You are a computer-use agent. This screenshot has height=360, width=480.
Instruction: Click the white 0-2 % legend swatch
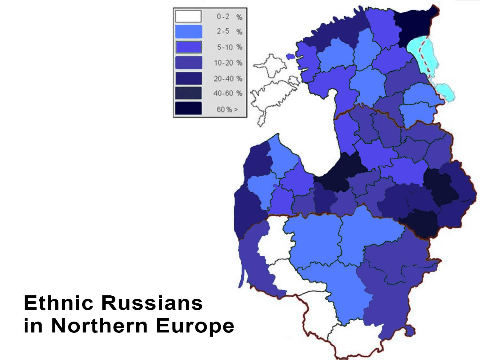(188, 16)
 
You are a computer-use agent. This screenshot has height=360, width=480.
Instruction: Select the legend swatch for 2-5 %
(188, 32)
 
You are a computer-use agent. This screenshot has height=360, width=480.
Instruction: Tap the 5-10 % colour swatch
(188, 47)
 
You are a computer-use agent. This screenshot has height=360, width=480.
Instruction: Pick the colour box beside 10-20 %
(188, 63)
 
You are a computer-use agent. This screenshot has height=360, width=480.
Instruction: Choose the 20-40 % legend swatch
(188, 78)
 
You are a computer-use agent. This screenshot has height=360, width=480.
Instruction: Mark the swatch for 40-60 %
(188, 93)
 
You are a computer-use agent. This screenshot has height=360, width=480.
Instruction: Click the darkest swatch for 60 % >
(188, 108)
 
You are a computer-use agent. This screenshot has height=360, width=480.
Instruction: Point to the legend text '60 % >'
(227, 109)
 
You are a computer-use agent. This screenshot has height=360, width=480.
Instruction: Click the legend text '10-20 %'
(228, 63)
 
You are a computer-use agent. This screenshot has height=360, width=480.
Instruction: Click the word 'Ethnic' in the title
(59, 303)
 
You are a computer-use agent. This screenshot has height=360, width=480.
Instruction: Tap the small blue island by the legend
(290, 57)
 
